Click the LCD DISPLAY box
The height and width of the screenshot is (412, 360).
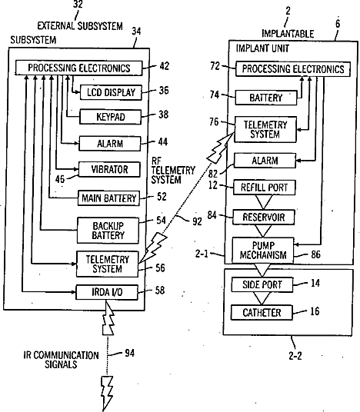point(111,92)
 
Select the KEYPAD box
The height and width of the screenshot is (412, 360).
point(110,117)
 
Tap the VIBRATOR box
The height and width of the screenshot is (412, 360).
point(109,169)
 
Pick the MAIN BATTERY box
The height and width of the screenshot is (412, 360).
point(109,198)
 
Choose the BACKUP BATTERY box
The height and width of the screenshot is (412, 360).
point(108,231)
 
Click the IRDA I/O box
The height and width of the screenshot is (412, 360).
point(107,292)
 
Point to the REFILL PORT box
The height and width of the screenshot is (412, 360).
point(265,188)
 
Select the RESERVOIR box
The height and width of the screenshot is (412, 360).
point(264,217)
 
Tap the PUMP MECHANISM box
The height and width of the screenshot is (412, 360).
point(263,250)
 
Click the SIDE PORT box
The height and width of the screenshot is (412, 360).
point(262,284)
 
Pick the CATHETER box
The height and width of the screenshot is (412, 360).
point(262,312)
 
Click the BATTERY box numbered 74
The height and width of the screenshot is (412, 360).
point(266,98)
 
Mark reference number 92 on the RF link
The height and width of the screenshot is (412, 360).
point(197,221)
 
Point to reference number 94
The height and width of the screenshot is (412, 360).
point(130,353)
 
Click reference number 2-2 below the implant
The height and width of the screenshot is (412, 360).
point(295,356)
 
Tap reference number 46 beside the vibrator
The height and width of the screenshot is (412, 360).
point(60,179)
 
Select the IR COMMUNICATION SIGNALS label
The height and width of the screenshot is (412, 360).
point(61,360)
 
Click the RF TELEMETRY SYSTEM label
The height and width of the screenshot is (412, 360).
point(173,171)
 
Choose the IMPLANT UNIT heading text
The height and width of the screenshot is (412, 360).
point(262,48)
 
